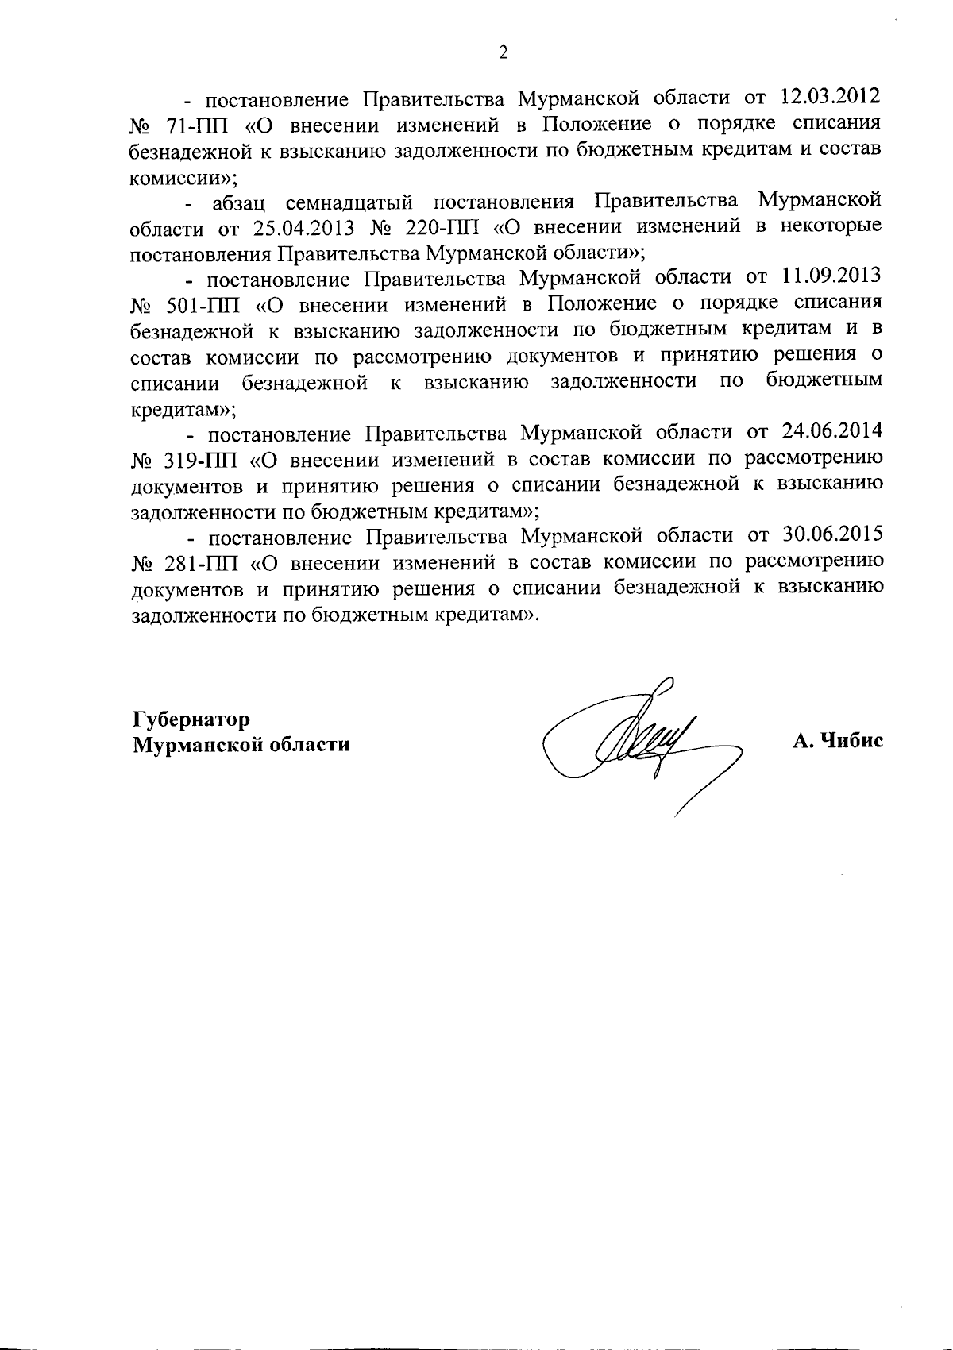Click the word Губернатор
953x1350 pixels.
click(191, 719)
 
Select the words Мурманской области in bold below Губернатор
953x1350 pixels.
click(241, 746)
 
